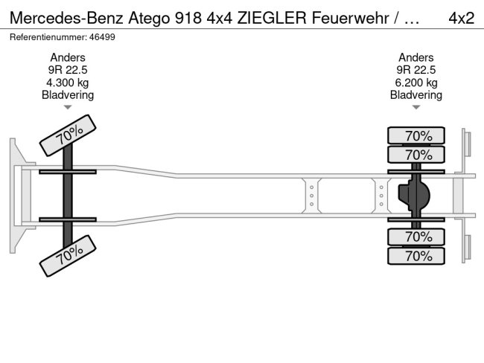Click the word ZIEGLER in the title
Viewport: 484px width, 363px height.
pos(272,18)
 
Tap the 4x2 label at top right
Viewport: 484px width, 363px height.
pos(462,18)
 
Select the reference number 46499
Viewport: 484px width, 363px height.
pos(102,37)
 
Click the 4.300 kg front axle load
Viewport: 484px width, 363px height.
pos(68,83)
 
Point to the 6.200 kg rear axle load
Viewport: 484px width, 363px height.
pos(416,83)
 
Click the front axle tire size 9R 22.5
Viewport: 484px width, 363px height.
pos(68,70)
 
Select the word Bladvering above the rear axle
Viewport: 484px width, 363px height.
pos(416,95)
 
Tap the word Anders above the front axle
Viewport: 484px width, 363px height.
pos(68,58)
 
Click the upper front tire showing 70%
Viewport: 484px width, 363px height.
pos(68,135)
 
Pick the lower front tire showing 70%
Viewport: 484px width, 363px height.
pos(68,256)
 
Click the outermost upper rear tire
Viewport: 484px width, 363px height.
pos(416,135)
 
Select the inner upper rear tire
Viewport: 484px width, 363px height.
pos(416,155)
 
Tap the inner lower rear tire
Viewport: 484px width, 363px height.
pos(416,237)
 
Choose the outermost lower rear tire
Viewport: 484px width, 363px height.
pos(416,256)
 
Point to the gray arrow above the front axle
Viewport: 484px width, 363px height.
pos(68,107)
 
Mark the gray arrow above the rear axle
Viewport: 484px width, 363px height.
pos(416,107)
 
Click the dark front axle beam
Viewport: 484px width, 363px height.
pos(68,196)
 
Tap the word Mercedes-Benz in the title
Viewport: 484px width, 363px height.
pos(67,18)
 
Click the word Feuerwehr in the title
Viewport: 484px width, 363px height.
pos(350,18)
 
